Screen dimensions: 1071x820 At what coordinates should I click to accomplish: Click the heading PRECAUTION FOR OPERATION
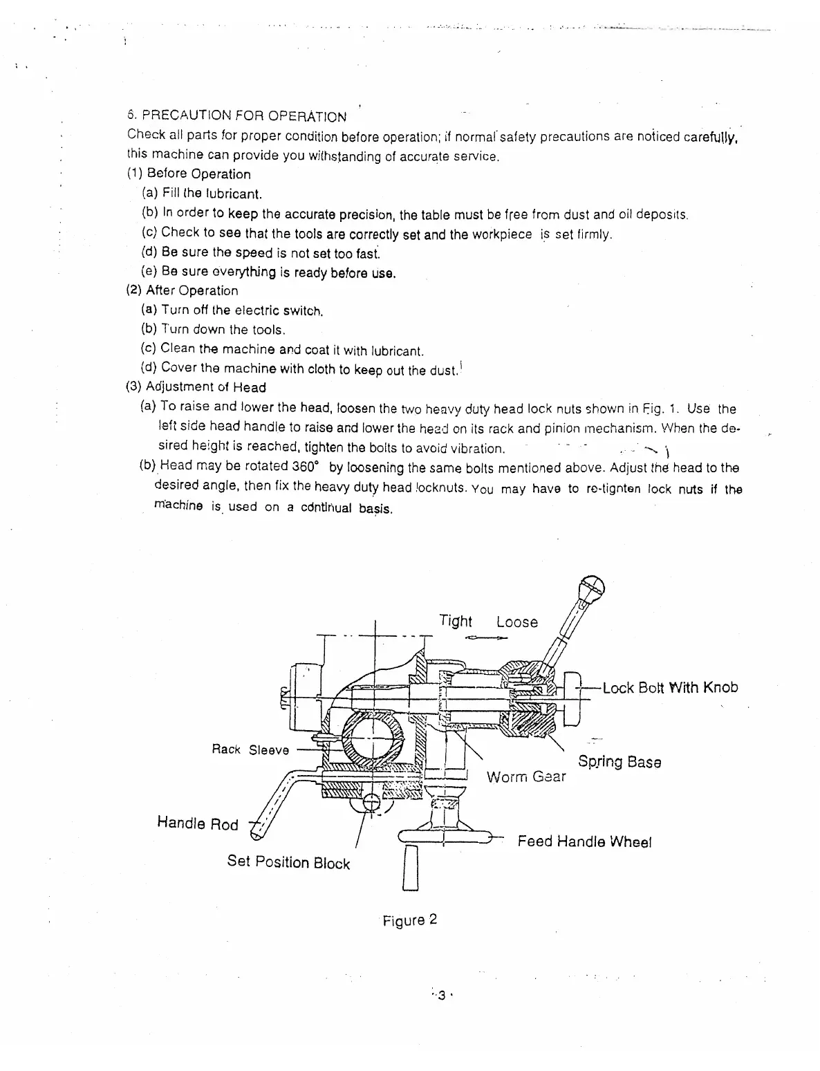coord(237,116)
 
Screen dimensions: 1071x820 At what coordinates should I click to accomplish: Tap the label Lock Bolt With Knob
coord(670,687)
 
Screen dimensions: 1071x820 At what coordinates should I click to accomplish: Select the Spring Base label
coord(619,762)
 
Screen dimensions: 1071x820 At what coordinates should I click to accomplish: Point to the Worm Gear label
coord(525,776)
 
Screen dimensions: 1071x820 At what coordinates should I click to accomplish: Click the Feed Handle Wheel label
coord(584,841)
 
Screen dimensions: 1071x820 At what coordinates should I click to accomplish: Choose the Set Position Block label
coord(288,862)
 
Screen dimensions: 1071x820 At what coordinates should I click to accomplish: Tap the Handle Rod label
coord(198,823)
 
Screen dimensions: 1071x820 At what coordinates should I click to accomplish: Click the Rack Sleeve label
coord(250,749)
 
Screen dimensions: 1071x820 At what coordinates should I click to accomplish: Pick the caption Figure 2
coord(410,920)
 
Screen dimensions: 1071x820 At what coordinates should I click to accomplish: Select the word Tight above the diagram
coord(456,621)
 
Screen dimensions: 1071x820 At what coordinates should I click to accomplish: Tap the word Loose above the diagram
coord(516,622)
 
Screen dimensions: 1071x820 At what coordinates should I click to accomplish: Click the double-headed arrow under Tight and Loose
coord(487,637)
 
